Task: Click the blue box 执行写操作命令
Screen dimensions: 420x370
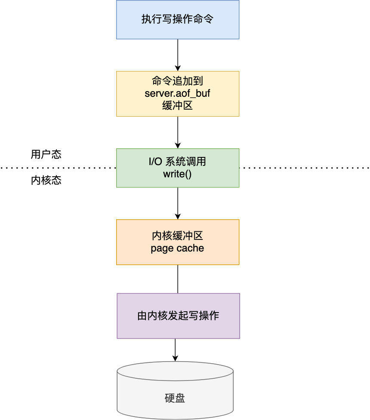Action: tap(178, 20)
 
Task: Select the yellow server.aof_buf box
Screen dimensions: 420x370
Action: tap(178, 94)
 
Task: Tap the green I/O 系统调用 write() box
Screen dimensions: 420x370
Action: tap(178, 168)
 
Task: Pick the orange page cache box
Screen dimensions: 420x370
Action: tap(178, 242)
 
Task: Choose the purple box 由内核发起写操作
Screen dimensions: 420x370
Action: tap(178, 316)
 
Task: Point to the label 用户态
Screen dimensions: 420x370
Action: tap(46, 154)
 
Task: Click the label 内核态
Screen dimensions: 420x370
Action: tap(46, 180)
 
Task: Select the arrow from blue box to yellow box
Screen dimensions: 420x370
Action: tap(178, 55)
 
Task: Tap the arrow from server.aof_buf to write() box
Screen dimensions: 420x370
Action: tap(178, 132)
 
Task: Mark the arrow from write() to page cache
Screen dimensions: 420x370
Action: tap(178, 203)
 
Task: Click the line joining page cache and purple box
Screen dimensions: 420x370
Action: tap(178, 279)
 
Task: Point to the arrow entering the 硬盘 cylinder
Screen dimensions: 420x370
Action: tap(175, 349)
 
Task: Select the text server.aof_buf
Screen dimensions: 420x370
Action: tap(178, 94)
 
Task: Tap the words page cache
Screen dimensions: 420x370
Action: tap(178, 248)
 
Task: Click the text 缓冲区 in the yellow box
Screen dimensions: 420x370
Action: tap(178, 106)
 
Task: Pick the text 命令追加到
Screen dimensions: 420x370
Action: tap(178, 82)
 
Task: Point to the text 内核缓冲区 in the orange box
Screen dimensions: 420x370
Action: tap(178, 236)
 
